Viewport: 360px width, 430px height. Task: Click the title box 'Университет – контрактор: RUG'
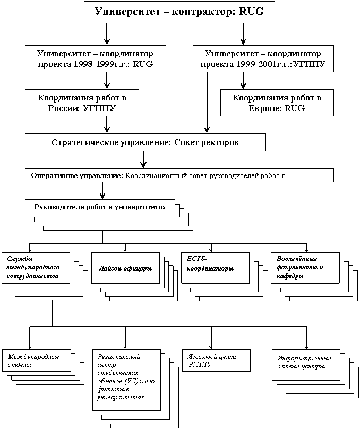click(x=179, y=12)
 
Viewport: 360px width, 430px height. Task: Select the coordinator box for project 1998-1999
click(x=96, y=59)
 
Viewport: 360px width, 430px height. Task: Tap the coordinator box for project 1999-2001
click(x=263, y=59)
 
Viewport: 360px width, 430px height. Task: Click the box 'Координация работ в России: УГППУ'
click(x=81, y=103)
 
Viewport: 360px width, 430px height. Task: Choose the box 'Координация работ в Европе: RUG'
click(x=277, y=103)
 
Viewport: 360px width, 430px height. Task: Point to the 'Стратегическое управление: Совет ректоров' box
click(x=145, y=142)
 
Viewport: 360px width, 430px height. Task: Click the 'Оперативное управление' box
click(x=179, y=175)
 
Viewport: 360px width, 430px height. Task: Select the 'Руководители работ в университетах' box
click(x=100, y=207)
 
